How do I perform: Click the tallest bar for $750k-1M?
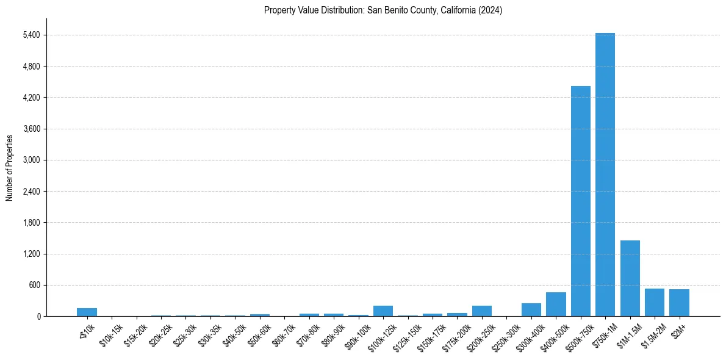[605, 175]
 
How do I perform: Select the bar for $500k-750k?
[580, 201]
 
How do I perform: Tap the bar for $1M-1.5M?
[630, 278]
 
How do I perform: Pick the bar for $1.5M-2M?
[654, 303]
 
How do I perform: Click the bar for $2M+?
[679, 303]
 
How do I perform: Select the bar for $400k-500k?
[556, 304]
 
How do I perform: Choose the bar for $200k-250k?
[482, 311]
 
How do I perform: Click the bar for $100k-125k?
[383, 311]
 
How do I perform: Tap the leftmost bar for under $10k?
[87, 312]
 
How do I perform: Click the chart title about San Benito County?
[383, 10]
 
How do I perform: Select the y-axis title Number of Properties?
[9, 167]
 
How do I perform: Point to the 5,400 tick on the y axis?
[31, 35]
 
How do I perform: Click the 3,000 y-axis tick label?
[31, 160]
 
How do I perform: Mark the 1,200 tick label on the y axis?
[31, 254]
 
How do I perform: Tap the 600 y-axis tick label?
[33, 285]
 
